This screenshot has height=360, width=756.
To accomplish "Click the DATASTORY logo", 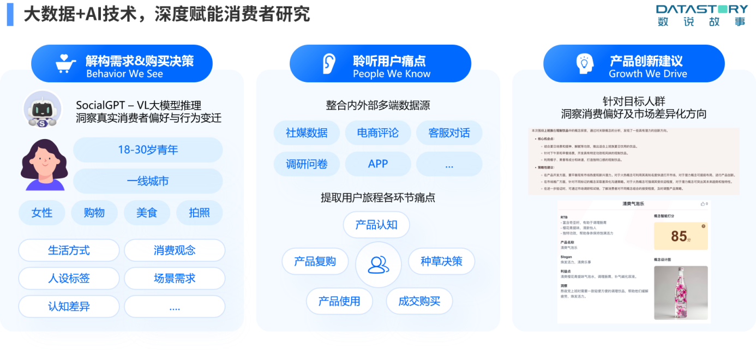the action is [x=701, y=15].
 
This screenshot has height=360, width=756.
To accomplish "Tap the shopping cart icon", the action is [x=66, y=64].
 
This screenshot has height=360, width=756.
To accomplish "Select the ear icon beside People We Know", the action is [x=328, y=64].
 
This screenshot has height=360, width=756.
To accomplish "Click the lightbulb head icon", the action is [x=584, y=64].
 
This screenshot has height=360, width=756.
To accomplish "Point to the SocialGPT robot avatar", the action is [x=43, y=110].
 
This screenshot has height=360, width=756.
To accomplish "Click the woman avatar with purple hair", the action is [x=43, y=164].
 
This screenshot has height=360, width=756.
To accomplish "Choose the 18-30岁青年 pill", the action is [x=148, y=149].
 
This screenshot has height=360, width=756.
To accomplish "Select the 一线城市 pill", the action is [x=148, y=181].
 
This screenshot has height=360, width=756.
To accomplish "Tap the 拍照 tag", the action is [x=199, y=213].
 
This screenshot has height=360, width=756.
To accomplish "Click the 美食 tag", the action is [x=147, y=213].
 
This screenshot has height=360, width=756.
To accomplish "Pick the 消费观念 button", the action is [x=175, y=250].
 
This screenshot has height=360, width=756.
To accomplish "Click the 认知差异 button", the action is [x=69, y=307].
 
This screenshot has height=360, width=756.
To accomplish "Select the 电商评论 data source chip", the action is [x=377, y=133].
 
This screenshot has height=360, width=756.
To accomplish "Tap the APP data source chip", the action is [x=377, y=164].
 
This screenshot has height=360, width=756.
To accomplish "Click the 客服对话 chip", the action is [x=449, y=133].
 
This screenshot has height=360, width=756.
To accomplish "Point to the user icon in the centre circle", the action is [x=378, y=265].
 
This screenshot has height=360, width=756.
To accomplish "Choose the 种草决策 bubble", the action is [x=441, y=261].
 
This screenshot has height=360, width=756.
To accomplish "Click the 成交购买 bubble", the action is [x=419, y=301].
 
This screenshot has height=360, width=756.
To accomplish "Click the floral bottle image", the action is [x=681, y=292].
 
